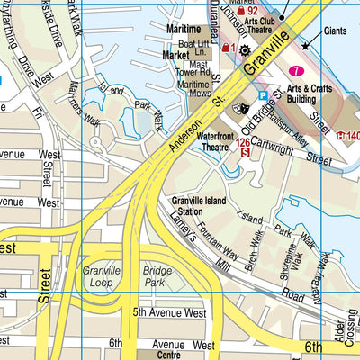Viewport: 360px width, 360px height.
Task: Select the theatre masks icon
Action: pos(242,107)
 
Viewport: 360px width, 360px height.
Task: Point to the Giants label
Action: pos(335,31)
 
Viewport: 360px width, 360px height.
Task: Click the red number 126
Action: pos(243,141)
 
